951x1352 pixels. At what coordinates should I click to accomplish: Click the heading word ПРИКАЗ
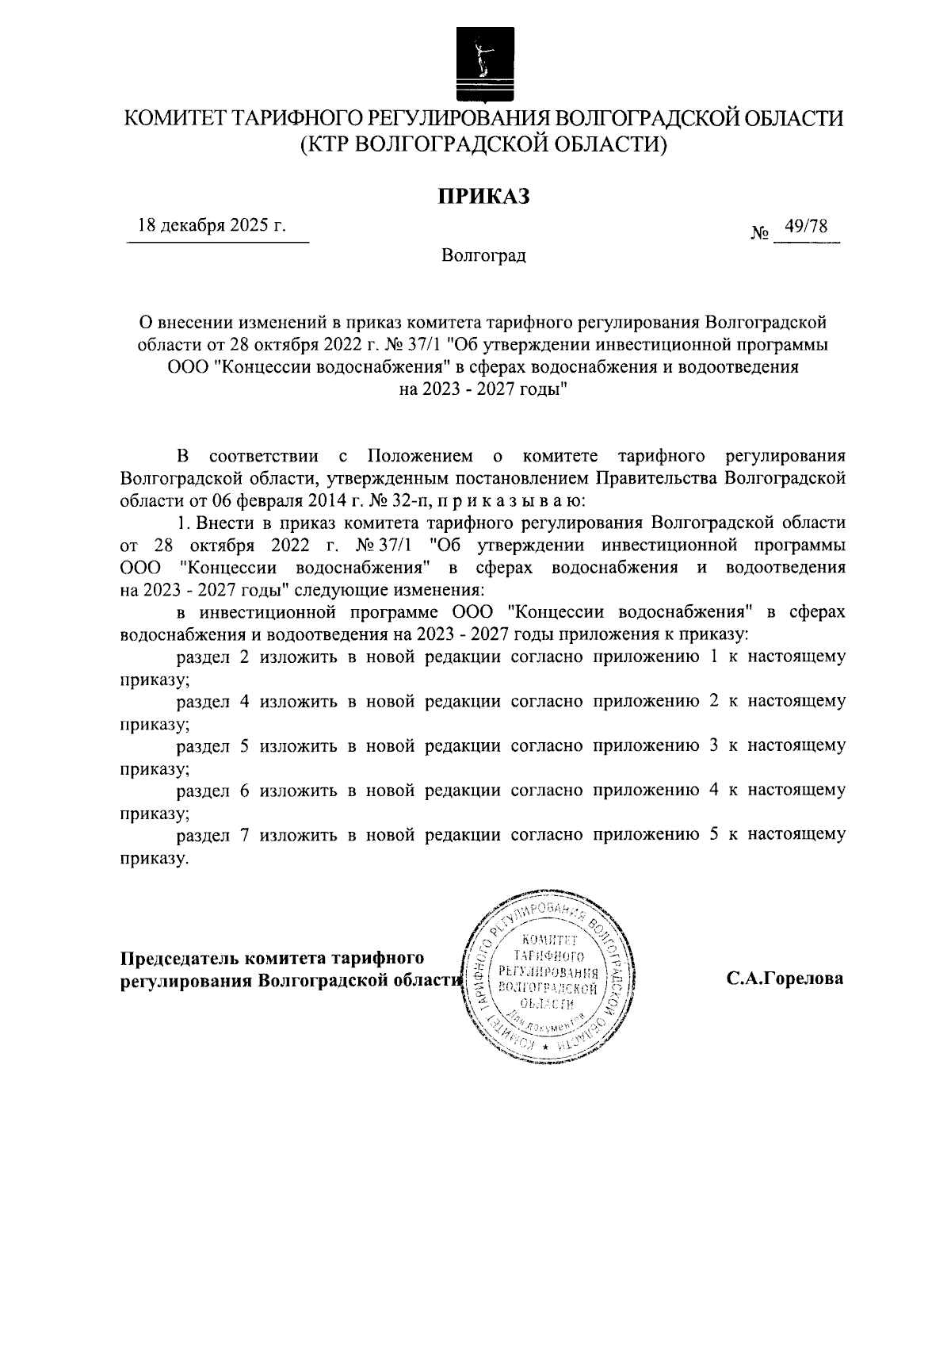point(484,196)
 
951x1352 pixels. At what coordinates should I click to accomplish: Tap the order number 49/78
point(804,227)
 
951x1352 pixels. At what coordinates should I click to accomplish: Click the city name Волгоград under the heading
point(483,256)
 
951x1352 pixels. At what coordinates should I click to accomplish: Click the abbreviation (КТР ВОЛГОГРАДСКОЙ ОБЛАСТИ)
point(483,144)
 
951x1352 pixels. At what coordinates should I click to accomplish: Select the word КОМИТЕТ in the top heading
point(176,119)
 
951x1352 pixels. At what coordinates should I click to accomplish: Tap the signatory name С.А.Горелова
point(785,979)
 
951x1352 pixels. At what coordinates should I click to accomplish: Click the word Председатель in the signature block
point(179,957)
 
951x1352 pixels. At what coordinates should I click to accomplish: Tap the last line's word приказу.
point(154,857)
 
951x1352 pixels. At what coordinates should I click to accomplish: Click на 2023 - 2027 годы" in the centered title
point(483,389)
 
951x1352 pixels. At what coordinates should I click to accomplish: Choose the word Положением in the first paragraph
point(420,457)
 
